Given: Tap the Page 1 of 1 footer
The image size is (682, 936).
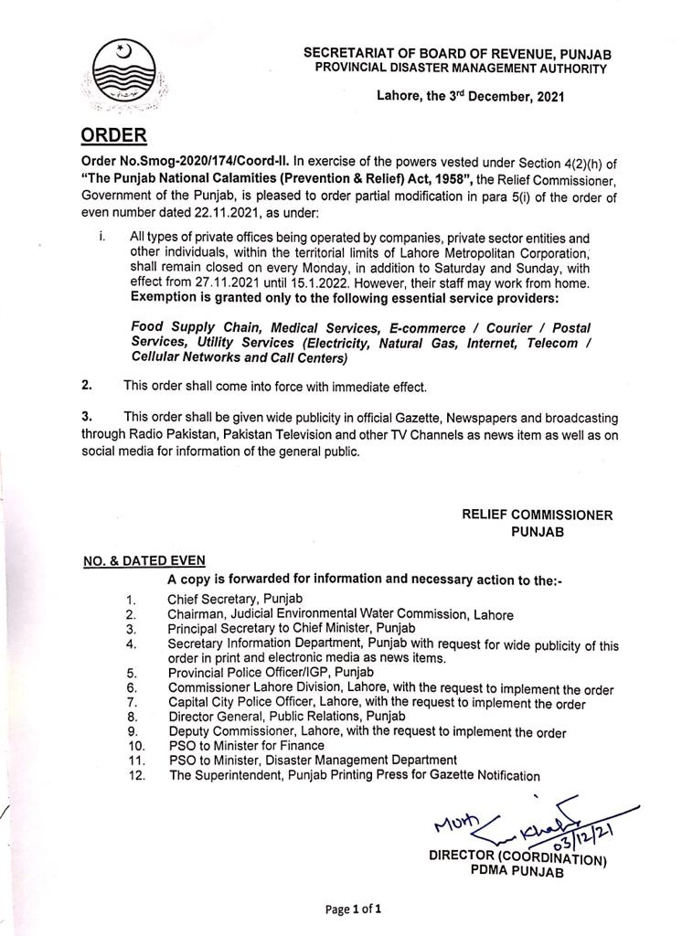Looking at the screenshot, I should coord(352,909).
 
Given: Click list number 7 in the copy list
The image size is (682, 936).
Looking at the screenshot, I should coord(132,704).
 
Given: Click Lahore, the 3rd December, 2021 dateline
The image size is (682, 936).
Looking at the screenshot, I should coord(470,95).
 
